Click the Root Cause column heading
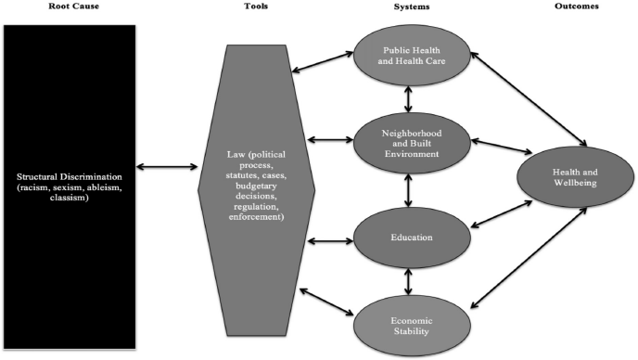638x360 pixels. (x=68, y=6)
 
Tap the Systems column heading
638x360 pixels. (x=414, y=6)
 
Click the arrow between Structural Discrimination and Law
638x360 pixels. (x=167, y=167)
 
